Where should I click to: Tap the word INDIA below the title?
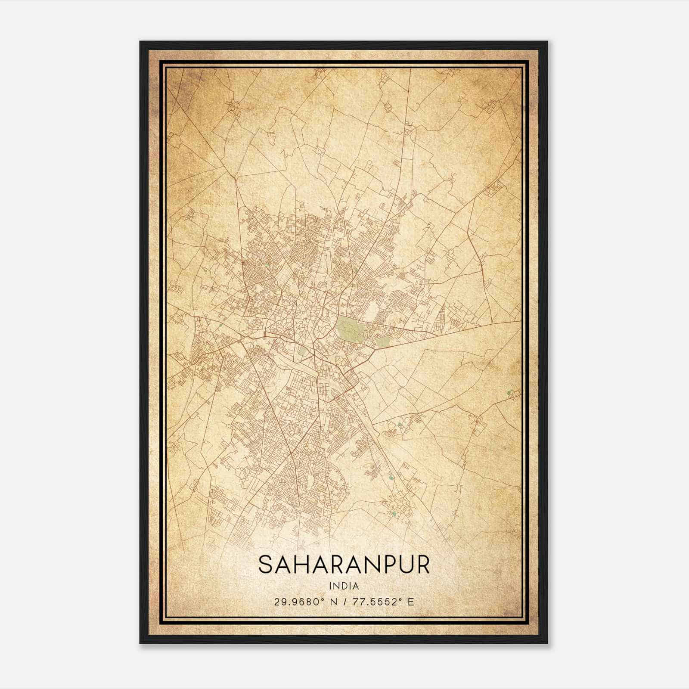point(344,586)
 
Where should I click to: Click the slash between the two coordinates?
point(344,602)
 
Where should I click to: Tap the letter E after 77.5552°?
point(411,602)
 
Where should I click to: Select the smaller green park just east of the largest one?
point(382,342)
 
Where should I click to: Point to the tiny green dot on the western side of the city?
point(220,326)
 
